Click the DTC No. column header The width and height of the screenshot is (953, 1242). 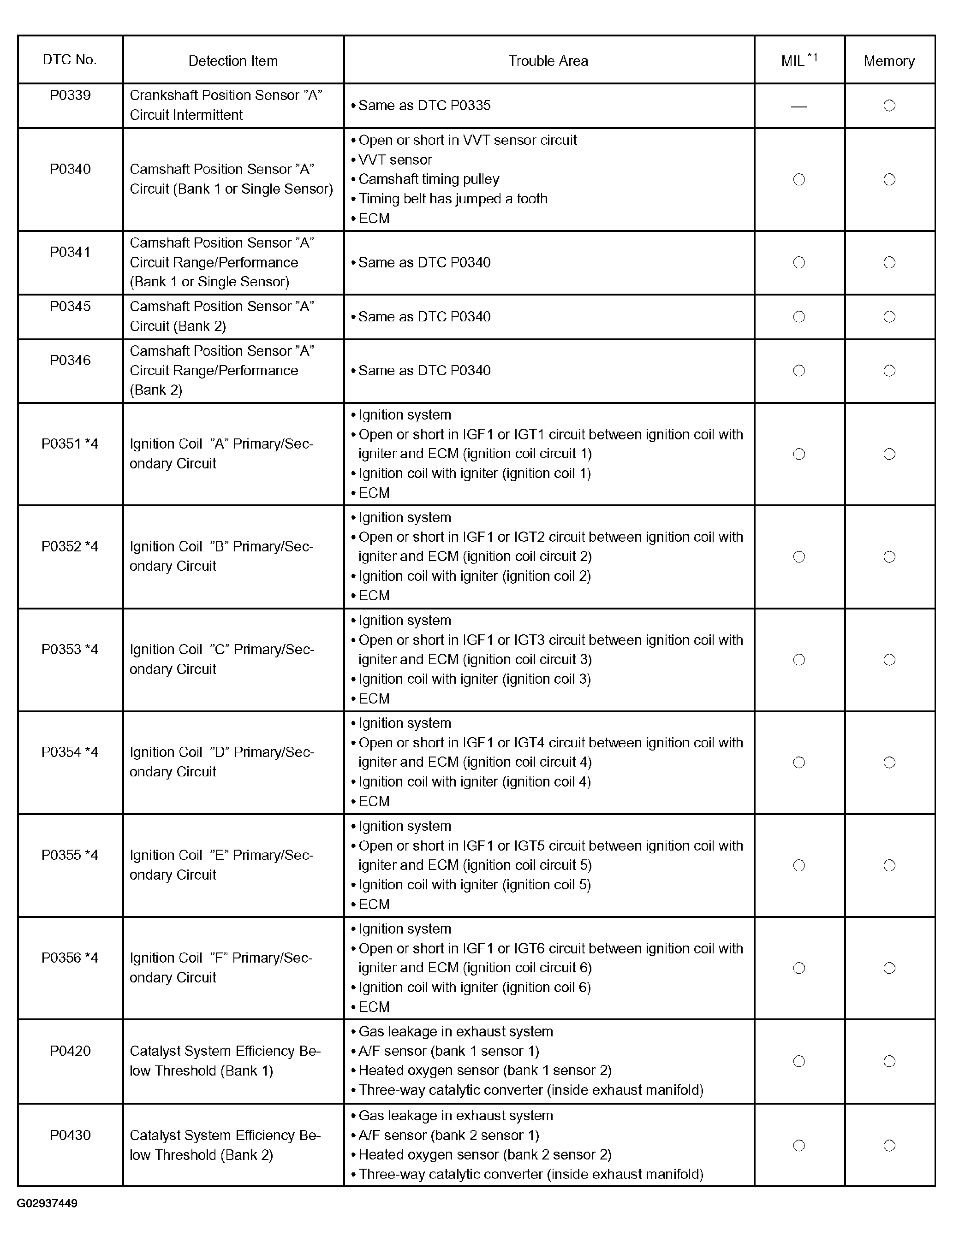coord(70,59)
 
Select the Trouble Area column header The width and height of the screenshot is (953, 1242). coord(548,61)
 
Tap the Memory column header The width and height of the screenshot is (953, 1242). coord(889,61)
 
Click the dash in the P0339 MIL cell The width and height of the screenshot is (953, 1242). coord(799,106)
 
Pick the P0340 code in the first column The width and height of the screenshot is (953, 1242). coord(70,169)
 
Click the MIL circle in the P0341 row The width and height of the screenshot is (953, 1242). coord(799,262)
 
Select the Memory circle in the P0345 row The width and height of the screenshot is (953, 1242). coord(889,317)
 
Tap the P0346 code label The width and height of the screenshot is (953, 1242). coord(70,360)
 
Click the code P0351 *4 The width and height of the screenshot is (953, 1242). coord(70,444)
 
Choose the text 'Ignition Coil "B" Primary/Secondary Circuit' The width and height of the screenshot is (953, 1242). coord(221,556)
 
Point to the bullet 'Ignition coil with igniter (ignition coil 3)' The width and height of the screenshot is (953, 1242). coord(474,679)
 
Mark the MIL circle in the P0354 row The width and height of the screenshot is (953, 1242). coord(799,763)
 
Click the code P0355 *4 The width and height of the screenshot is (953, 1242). coord(70,855)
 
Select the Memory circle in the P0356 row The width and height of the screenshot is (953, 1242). coord(889,968)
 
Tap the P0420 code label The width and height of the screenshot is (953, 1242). coord(70,1051)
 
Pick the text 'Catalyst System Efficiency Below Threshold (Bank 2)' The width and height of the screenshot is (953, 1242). coord(225,1145)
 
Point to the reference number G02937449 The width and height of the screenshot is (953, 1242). coord(47,1203)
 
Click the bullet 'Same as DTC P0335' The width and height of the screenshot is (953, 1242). coord(424,106)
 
